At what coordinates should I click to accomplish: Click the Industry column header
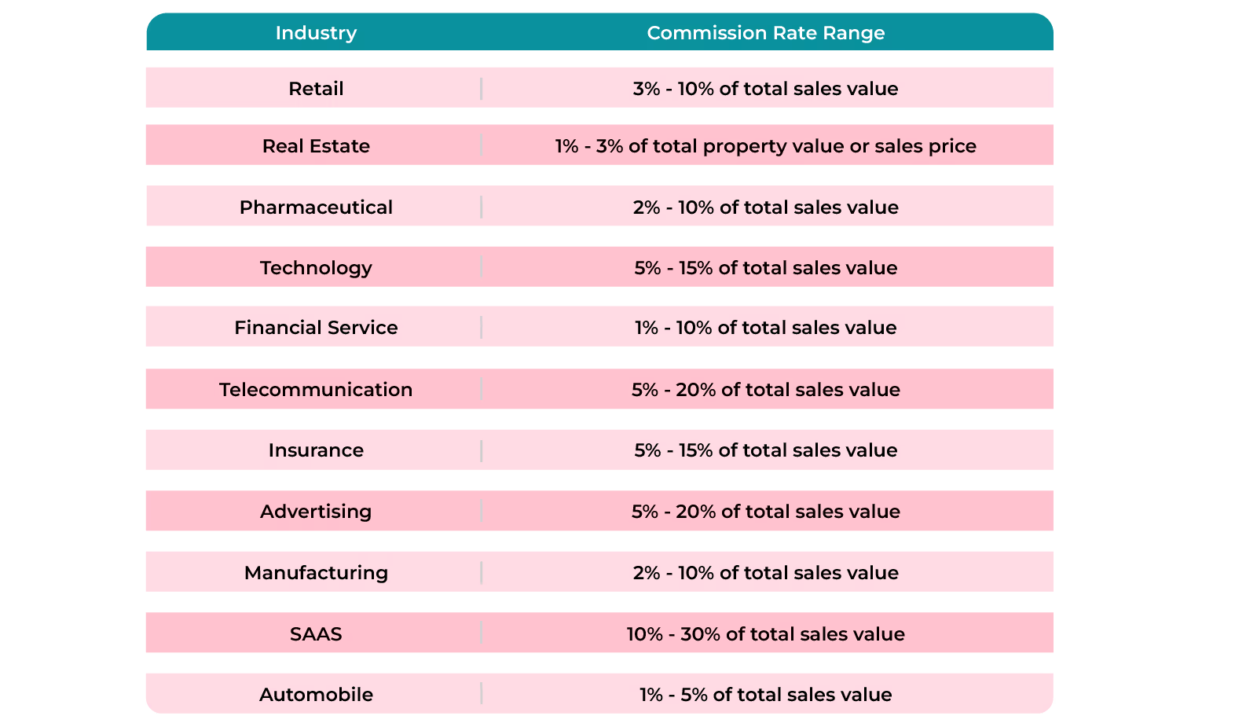316,33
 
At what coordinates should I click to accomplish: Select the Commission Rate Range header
765,33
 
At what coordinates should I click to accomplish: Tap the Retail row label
316,89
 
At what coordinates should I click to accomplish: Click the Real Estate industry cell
316,146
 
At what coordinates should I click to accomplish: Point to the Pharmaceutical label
316,207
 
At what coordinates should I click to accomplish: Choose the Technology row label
316,268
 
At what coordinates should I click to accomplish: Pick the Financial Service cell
316,328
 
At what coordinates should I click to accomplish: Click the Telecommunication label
316,390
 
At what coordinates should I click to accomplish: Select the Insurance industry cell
316,450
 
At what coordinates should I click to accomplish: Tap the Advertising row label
316,512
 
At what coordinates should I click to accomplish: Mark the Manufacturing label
316,573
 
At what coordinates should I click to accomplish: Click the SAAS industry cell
316,634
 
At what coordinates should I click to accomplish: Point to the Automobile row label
316,695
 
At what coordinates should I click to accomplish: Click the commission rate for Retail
765,89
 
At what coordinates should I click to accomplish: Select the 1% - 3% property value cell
765,146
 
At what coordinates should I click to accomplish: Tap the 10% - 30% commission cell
765,634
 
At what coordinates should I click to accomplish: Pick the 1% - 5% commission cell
765,695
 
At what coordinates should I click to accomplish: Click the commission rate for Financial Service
765,328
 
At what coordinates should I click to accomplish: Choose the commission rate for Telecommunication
765,390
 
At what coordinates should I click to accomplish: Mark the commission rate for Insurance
765,450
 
